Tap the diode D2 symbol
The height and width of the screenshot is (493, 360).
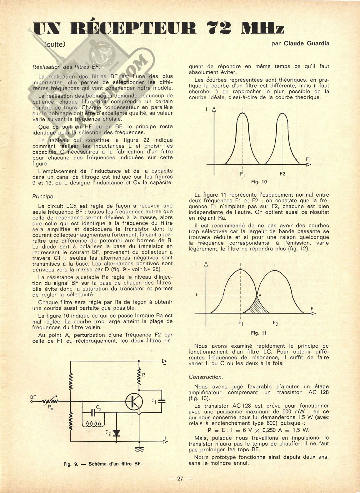tap(116, 433)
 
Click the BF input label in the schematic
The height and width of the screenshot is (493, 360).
tap(34, 397)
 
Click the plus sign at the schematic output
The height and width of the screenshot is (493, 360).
tap(165, 438)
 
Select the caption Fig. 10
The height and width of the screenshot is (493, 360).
tap(259, 182)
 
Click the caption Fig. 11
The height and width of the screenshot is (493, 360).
tap(259, 333)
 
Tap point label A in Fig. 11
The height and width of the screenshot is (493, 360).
tap(260, 295)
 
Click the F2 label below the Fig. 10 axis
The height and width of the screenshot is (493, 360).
tap(282, 174)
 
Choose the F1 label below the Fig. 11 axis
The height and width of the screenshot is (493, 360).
tap(241, 323)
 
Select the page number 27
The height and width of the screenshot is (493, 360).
tap(180, 478)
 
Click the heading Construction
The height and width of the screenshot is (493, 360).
tap(205, 377)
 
